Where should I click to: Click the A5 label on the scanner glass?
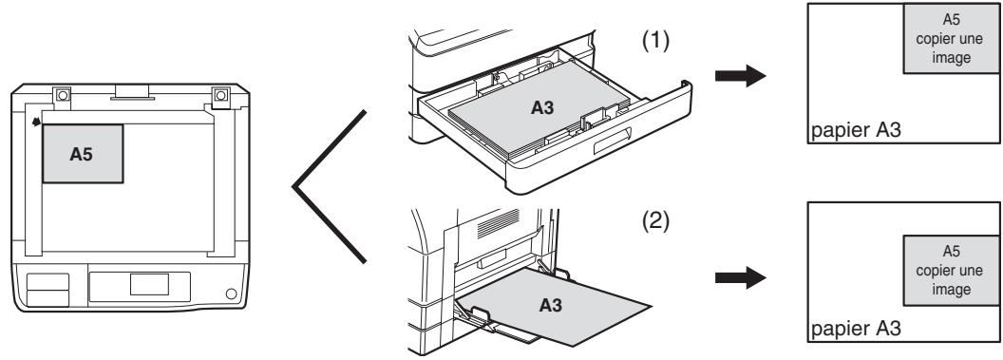tap(82, 154)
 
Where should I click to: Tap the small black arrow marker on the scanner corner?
tap(37, 120)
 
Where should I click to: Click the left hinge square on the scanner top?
tap(62, 95)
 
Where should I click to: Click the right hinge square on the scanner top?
tap(220, 95)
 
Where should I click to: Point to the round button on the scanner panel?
tap(231, 294)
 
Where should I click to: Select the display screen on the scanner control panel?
tap(150, 285)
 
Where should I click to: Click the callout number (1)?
tap(655, 41)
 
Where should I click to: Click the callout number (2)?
tap(655, 222)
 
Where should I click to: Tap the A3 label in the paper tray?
tap(542, 108)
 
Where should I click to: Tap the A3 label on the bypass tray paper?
tap(551, 306)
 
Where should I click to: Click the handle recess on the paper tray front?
tap(613, 142)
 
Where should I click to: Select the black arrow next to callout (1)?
tap(740, 75)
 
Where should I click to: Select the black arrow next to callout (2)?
tap(740, 278)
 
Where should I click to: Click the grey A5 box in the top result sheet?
tap(951, 38)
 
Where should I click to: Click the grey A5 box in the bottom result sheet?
tap(951, 270)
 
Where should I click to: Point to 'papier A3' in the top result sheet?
tap(856, 130)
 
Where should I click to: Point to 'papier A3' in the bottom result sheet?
tap(856, 329)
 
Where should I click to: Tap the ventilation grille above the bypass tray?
tap(499, 224)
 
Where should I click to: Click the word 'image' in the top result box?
tap(951, 58)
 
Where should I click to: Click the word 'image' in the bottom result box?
tap(951, 290)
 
